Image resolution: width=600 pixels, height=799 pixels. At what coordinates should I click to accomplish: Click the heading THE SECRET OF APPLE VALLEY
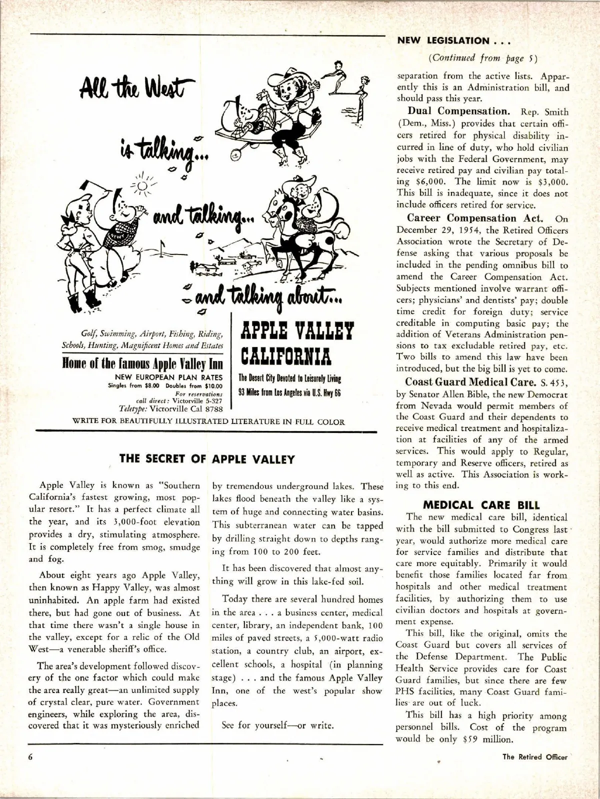click(x=207, y=459)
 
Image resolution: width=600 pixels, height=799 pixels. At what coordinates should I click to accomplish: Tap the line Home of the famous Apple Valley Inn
click(x=142, y=363)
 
